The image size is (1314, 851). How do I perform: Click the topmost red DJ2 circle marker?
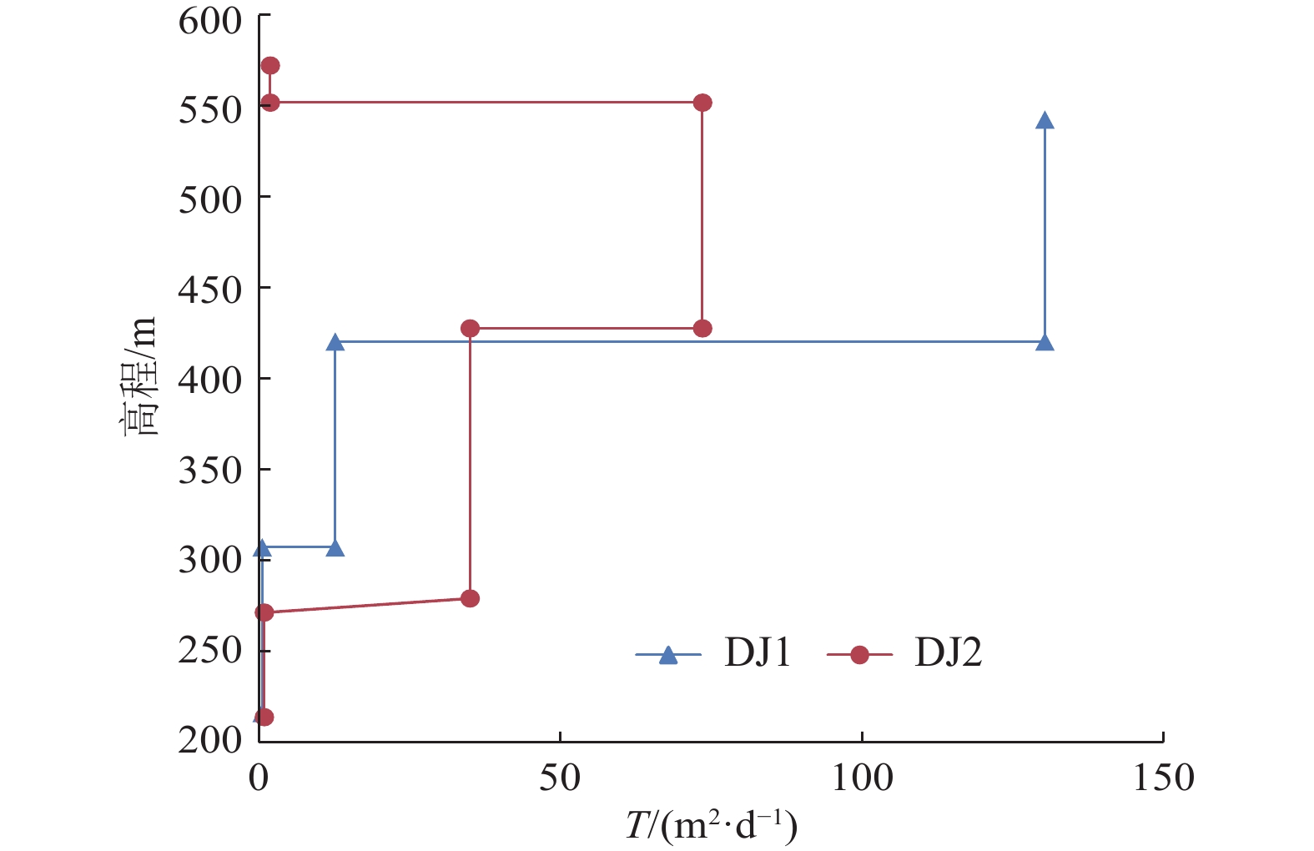[270, 66]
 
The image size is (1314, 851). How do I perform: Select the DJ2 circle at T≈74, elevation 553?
[702, 103]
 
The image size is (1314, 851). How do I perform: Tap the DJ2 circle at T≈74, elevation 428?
[702, 329]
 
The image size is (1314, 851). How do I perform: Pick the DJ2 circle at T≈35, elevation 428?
[471, 329]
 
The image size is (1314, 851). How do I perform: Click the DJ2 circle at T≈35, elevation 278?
[471, 598]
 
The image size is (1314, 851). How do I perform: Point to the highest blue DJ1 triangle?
[1045, 121]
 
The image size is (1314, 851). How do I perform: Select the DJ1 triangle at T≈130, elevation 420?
[1045, 343]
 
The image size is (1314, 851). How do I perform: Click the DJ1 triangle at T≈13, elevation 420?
[335, 343]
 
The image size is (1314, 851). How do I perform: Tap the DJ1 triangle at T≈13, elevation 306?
[335, 548]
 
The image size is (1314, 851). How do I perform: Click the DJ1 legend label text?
[758, 652]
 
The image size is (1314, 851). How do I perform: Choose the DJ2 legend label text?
[949, 652]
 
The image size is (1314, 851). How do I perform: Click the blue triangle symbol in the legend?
[668, 656]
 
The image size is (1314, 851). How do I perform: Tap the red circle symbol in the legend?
[859, 656]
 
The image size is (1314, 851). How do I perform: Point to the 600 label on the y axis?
[209, 20]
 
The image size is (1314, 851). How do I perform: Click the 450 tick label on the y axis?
[209, 290]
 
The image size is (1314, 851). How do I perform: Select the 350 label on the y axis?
[209, 470]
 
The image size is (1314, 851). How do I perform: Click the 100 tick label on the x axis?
[862, 778]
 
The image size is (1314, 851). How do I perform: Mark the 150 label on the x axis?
[1163, 778]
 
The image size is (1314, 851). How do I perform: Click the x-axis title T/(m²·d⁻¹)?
[711, 827]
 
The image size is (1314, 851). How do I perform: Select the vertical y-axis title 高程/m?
[137, 378]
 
